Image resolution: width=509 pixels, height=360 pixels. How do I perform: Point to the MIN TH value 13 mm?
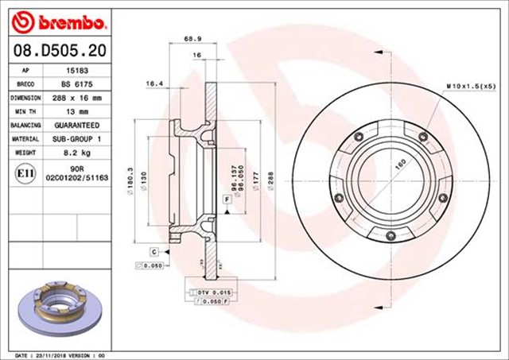(76, 111)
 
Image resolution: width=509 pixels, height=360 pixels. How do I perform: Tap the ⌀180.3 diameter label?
(129, 180)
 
